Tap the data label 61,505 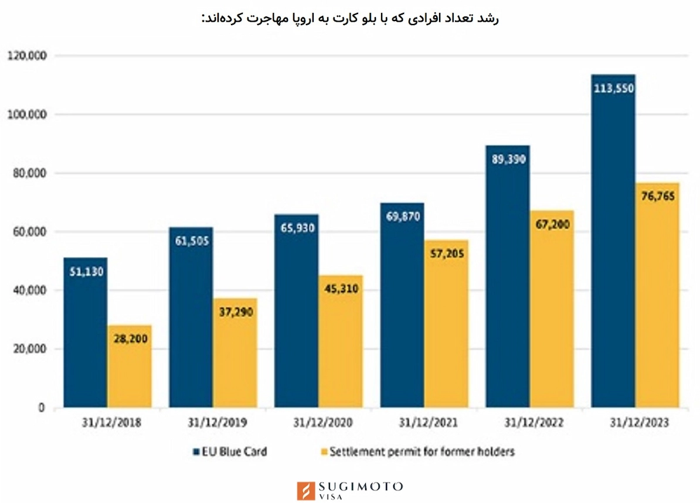coord(191,241)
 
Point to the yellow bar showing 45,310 coord(341,345)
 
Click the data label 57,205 coord(446,254)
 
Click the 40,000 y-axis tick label coord(28,290)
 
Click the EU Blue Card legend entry coord(230,451)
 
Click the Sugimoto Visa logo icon coord(306,490)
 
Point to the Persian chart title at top coord(350,18)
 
